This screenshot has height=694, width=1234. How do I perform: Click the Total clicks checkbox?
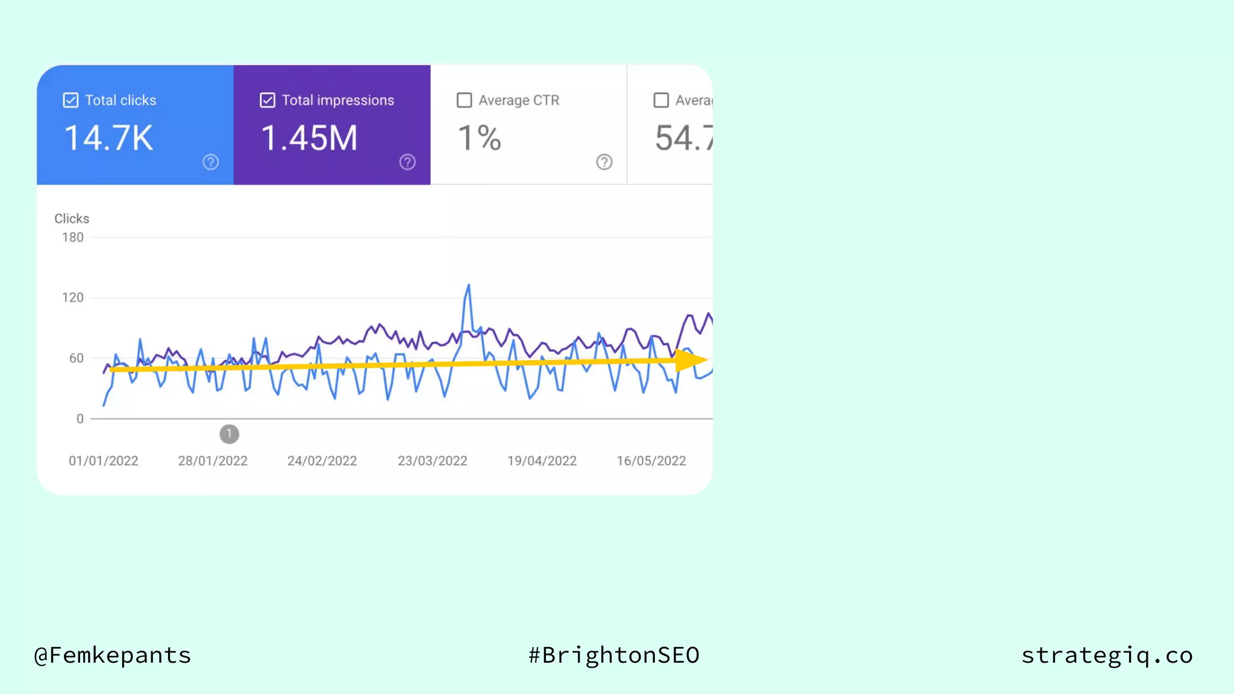pyautogui.click(x=70, y=100)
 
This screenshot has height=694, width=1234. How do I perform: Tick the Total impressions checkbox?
pyautogui.click(x=268, y=100)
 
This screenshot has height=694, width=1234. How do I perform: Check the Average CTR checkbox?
pyautogui.click(x=464, y=100)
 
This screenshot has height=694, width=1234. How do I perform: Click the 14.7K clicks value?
pyautogui.click(x=108, y=138)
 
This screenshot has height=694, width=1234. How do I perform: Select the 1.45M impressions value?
pyautogui.click(x=309, y=138)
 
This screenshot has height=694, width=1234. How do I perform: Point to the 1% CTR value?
pyautogui.click(x=480, y=138)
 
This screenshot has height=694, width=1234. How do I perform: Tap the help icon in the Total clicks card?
pyautogui.click(x=210, y=162)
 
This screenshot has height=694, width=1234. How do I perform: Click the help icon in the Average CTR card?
pyautogui.click(x=604, y=162)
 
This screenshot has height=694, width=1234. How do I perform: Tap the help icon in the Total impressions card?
pyautogui.click(x=407, y=162)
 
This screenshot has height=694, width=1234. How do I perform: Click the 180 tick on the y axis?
pyautogui.click(x=73, y=237)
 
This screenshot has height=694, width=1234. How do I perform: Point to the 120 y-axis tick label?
pyautogui.click(x=73, y=298)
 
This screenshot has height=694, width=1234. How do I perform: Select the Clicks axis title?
pyautogui.click(x=72, y=219)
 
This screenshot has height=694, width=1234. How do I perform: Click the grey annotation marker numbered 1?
pyautogui.click(x=229, y=434)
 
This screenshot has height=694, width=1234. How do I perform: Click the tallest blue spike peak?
pyautogui.click(x=468, y=286)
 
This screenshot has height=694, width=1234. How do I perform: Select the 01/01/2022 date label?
pyautogui.click(x=104, y=461)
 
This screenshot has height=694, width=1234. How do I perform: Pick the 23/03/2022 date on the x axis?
pyautogui.click(x=432, y=461)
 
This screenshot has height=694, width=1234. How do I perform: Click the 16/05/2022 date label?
pyautogui.click(x=651, y=461)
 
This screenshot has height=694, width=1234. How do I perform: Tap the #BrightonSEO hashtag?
pyautogui.click(x=613, y=655)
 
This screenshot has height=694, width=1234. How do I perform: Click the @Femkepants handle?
pyautogui.click(x=113, y=655)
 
